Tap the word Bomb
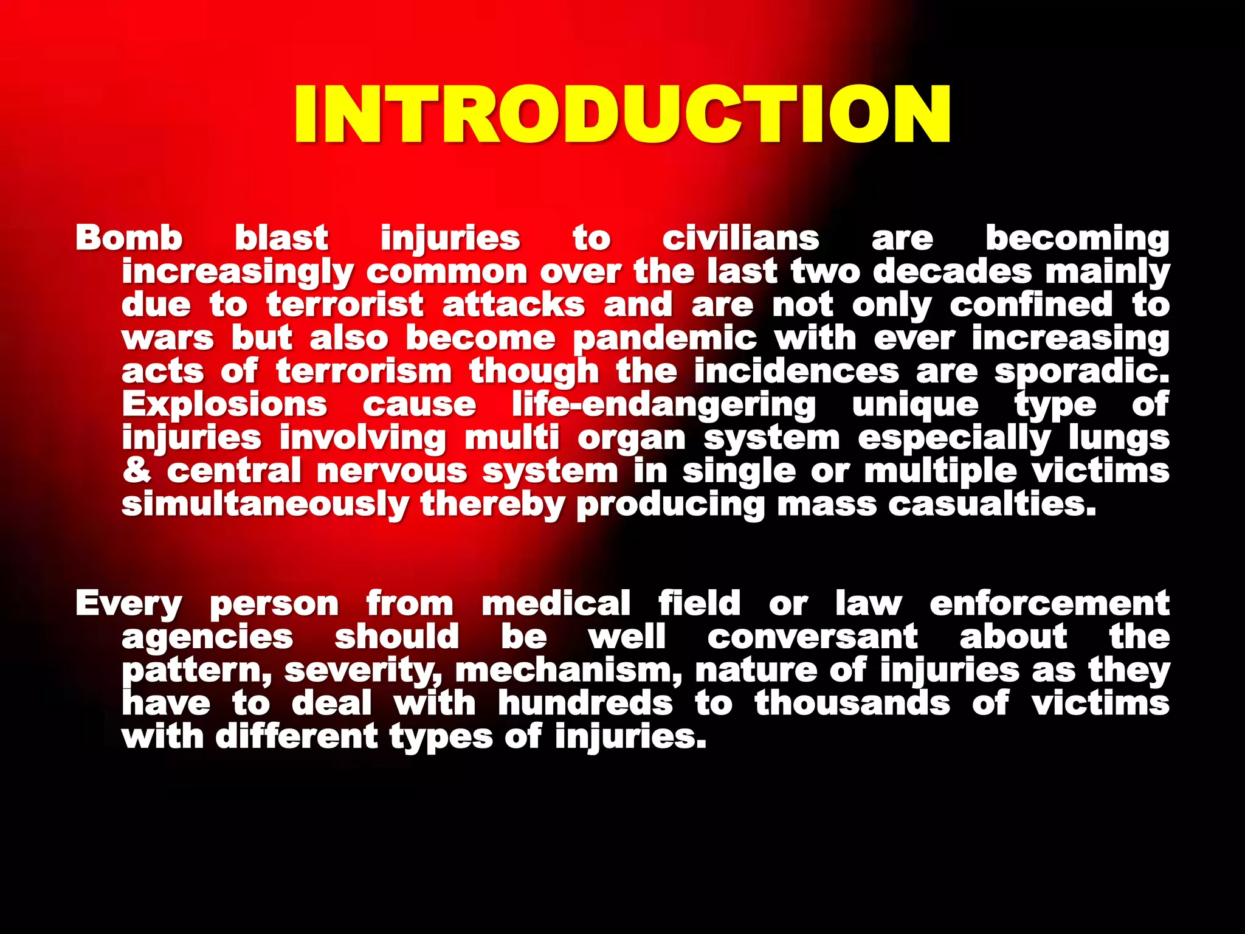[129, 238]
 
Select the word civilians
[740, 238]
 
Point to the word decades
[952, 271]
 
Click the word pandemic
[665, 339]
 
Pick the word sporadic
[1081, 372]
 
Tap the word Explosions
[224, 404]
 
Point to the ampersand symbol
[137, 471]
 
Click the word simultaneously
[265, 505]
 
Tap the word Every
[129, 604]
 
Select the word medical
[556, 603]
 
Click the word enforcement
[1049, 603]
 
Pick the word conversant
[812, 637]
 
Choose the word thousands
[852, 704]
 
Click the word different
[297, 737]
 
